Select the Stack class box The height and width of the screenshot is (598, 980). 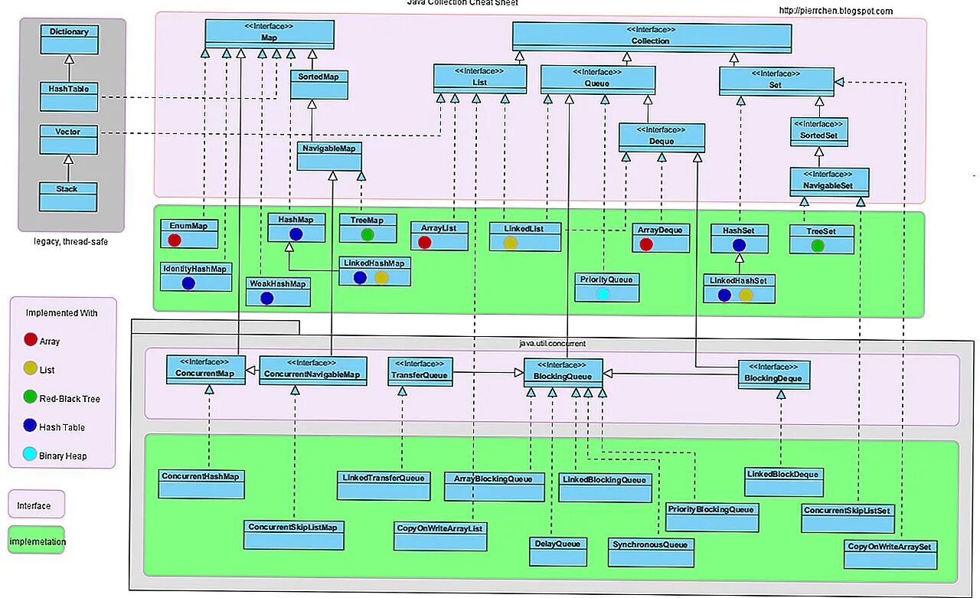[69, 197]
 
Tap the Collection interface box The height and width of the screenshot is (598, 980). [651, 38]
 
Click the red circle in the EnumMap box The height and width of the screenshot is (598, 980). [175, 240]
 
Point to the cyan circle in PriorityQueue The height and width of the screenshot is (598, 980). [603, 294]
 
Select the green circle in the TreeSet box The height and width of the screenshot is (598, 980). [818, 246]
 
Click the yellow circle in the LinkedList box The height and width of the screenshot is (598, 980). [511, 243]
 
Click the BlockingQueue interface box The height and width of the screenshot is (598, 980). [563, 372]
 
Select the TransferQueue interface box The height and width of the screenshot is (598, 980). [420, 371]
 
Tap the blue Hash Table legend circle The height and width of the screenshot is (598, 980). [30, 426]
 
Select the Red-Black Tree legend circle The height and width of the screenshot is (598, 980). [30, 398]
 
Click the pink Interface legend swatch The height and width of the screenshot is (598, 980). [36, 505]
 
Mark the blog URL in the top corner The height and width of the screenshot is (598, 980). [835, 11]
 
